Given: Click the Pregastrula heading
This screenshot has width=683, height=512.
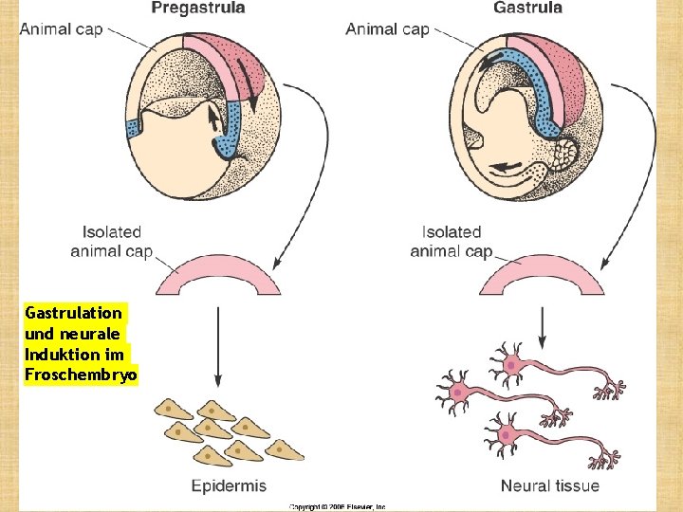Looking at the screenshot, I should [198, 9].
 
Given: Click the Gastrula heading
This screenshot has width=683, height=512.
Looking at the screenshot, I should [527, 9].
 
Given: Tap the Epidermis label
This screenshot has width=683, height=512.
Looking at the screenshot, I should [229, 486].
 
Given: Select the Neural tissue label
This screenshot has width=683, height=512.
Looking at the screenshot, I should [550, 486].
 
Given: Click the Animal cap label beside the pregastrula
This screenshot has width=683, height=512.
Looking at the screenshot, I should [61, 28].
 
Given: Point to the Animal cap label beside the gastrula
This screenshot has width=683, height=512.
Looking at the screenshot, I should [387, 28].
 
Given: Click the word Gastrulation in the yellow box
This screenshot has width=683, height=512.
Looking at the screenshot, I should [74, 312].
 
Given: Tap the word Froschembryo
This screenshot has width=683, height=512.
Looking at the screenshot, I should [82, 375].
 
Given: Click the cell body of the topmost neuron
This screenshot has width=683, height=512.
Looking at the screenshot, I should [512, 363].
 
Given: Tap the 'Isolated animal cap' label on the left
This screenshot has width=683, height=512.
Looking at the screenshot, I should [112, 241].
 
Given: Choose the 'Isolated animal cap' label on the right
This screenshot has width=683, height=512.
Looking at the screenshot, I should [452, 241].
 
